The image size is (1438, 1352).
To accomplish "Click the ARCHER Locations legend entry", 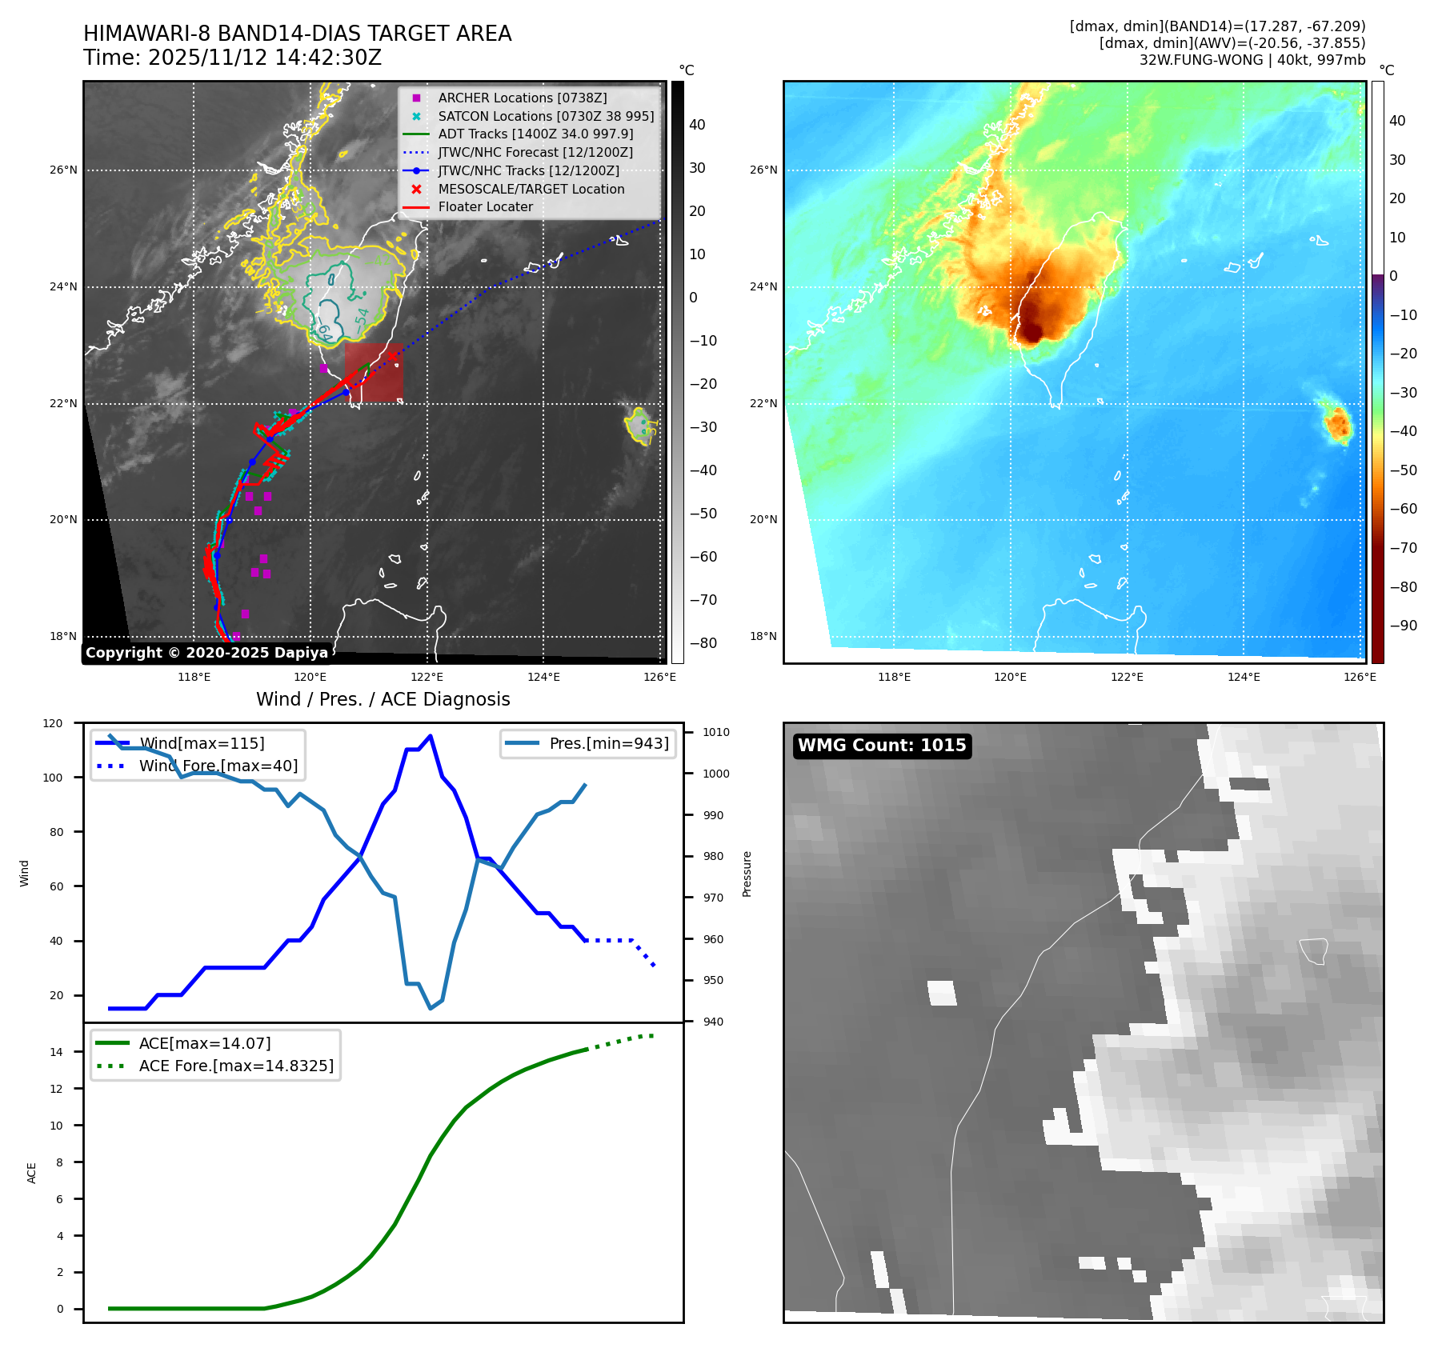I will [x=522, y=98].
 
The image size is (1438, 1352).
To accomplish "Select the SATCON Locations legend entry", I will [x=546, y=116].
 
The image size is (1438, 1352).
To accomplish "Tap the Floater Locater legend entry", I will [x=485, y=206].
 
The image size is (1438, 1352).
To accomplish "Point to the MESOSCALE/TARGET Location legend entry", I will [x=531, y=189].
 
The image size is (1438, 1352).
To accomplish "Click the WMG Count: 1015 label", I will [x=882, y=746].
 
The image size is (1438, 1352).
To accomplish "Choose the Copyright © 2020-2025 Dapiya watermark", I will [x=206, y=653].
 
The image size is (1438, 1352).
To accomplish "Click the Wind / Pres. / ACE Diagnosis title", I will [x=383, y=699].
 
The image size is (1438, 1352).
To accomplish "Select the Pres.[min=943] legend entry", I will [x=608, y=743].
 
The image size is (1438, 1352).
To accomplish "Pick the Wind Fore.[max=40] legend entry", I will [x=218, y=766].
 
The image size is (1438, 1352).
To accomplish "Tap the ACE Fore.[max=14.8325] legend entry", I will [x=236, y=1066].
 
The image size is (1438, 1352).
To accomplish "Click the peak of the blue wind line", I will [x=431, y=736].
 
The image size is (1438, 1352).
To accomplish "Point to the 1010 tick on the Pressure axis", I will [x=716, y=732].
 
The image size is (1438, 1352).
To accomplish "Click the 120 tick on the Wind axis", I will [x=53, y=723].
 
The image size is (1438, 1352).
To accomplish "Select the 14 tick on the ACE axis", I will [x=57, y=1052].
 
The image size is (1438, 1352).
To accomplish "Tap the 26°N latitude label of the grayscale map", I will [x=64, y=170].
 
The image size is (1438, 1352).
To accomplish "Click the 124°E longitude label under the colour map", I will [x=1244, y=677].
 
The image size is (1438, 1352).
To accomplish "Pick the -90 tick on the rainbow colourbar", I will [x=1403, y=626].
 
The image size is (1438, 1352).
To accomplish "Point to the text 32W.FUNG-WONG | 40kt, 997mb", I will [x=1252, y=60].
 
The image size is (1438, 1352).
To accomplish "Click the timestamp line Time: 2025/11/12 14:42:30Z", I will [x=232, y=58].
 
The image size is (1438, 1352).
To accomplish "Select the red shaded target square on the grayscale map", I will [x=374, y=372].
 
